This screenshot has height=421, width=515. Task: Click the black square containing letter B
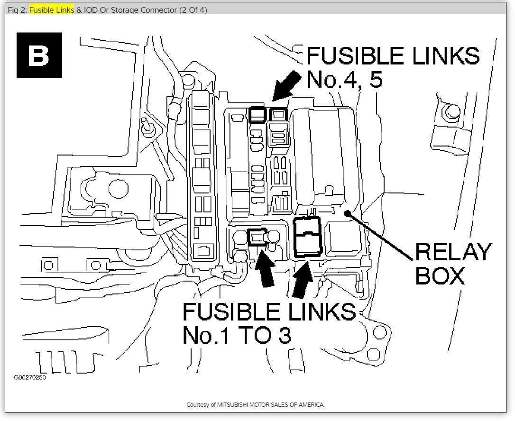tap(39, 55)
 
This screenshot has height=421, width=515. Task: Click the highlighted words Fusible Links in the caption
tap(52, 10)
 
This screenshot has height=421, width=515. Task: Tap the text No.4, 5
tap(344, 79)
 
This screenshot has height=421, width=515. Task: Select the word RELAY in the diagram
tap(454, 252)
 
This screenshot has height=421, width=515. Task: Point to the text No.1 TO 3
tap(237, 335)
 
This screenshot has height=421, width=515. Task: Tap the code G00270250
tap(30, 378)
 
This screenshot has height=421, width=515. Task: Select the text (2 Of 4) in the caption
tap(193, 10)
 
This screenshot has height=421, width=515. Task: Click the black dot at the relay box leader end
tap(348, 214)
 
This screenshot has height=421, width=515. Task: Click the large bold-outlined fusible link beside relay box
tap(307, 237)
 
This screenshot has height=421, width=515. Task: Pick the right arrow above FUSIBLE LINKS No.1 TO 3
tap(303, 280)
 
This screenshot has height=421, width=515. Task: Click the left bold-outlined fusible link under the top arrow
tap(257, 114)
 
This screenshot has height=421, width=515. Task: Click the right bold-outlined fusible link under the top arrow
tap(277, 114)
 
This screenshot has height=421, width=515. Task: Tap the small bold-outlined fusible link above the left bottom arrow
tap(257, 236)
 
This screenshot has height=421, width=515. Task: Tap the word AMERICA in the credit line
tap(312, 405)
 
